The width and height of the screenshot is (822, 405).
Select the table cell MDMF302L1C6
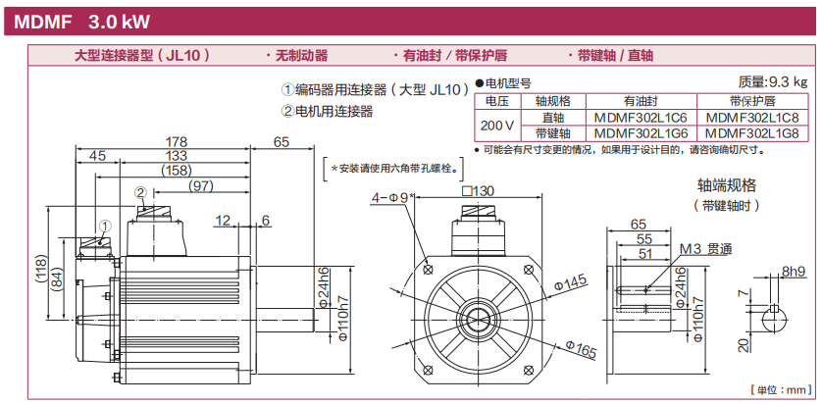(x=641, y=117)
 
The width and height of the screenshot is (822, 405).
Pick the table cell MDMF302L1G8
(x=751, y=132)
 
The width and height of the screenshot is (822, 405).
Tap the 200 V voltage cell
(x=496, y=125)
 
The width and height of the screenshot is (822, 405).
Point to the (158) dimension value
(x=176, y=171)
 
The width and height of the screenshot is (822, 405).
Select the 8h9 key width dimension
(x=794, y=271)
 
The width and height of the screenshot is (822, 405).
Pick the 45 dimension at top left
(x=97, y=156)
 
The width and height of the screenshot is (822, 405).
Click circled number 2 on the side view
(x=140, y=192)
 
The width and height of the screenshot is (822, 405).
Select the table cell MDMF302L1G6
(x=641, y=132)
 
